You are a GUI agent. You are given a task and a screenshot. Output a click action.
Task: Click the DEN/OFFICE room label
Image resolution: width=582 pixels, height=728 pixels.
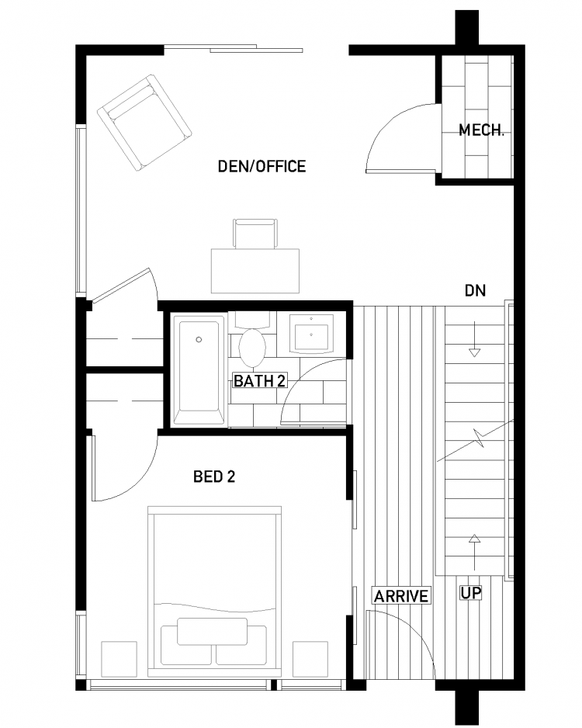pos(262,166)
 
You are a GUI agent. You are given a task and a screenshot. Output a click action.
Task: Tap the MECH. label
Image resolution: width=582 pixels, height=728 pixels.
pos(481,130)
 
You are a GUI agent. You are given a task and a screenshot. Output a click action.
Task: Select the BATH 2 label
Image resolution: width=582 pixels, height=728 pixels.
pos(259,381)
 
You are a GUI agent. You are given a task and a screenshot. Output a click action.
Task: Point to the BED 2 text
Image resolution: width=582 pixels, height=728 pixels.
pos(214,477)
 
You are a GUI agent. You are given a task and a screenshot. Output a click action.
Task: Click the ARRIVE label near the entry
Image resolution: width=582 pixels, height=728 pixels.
pos(401,596)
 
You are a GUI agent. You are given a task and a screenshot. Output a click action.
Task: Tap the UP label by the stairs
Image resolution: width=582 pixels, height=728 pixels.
pos(471,593)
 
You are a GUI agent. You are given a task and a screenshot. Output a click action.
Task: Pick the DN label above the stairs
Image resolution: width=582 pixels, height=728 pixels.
pos(475,290)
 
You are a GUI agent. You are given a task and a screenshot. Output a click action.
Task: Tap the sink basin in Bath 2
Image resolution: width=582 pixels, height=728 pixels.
pos(311,333)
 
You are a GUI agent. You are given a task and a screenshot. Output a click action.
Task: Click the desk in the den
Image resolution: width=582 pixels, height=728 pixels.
pos(255,271)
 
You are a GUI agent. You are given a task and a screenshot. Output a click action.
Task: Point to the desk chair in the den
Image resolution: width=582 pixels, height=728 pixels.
pos(255,234)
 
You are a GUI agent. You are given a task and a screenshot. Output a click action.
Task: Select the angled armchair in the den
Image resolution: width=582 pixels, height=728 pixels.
pos(144,123)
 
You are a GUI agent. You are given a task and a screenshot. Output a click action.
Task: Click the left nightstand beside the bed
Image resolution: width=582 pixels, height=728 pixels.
pos(119,659)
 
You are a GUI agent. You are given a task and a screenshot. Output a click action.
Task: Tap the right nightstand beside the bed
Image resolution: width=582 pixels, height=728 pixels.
pos(310,659)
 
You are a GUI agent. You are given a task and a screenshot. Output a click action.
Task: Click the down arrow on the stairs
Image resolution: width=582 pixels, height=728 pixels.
pos(474,339)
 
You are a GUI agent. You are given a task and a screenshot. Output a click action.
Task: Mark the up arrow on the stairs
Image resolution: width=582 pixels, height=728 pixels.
pos(474,553)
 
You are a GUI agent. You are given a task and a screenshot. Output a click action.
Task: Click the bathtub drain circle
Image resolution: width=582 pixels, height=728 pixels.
pos(199,340)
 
